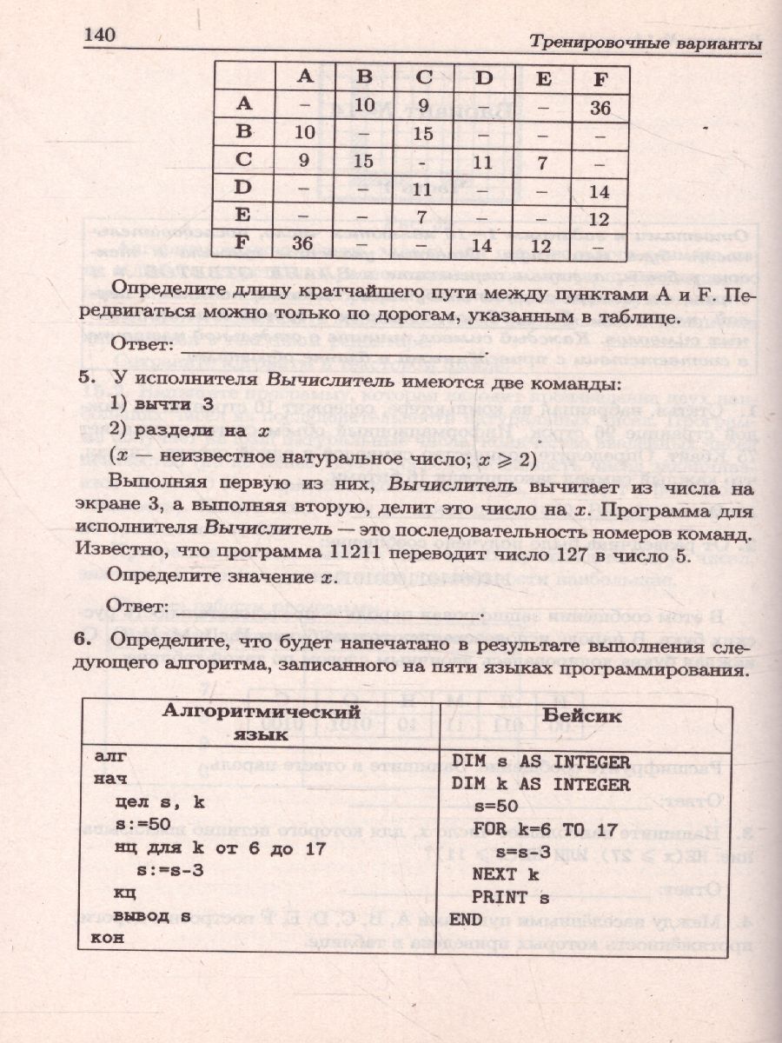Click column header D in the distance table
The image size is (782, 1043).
tap(483, 78)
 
